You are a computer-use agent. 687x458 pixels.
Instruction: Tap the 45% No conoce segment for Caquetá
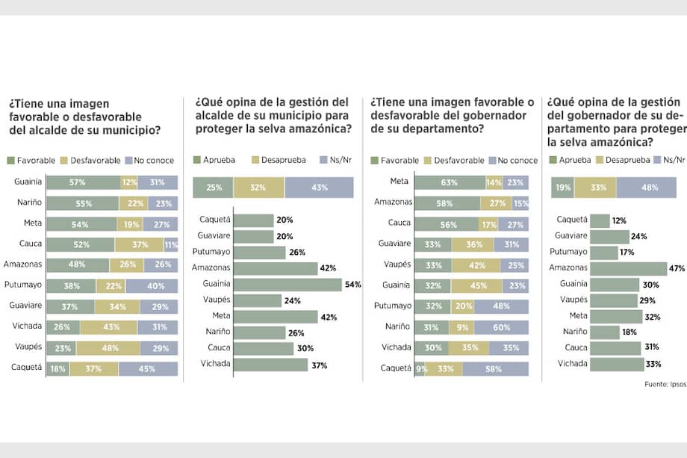pos(148,368)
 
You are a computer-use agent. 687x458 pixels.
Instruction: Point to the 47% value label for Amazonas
pos(677,268)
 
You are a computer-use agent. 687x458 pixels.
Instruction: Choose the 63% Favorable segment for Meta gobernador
pos(450,182)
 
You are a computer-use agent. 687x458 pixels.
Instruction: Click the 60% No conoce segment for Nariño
pos(501,327)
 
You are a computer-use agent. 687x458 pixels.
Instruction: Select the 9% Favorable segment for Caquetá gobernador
pos(420,368)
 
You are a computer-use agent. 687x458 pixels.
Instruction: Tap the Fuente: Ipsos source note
pos(665,384)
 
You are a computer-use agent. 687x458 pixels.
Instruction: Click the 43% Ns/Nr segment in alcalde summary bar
pos(319,188)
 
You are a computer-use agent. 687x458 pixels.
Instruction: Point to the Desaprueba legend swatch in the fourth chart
pos(599,160)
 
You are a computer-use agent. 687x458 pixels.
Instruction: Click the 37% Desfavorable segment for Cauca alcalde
pos(139,244)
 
